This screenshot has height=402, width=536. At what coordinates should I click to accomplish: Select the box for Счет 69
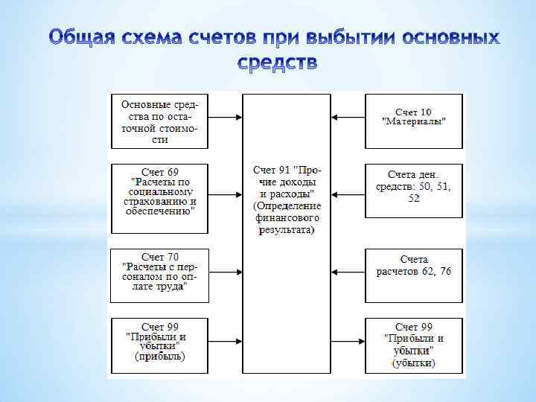pyautogui.click(x=159, y=191)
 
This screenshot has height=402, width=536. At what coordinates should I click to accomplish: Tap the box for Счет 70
pyautogui.click(x=159, y=272)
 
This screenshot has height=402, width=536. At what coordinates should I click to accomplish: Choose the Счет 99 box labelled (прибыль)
pyautogui.click(x=159, y=342)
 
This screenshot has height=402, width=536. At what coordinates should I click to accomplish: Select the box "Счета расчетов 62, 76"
pyautogui.click(x=414, y=266)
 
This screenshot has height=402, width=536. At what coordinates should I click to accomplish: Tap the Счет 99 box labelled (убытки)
pyautogui.click(x=414, y=345)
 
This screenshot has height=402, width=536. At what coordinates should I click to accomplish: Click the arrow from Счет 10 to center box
pyautogui.click(x=348, y=116)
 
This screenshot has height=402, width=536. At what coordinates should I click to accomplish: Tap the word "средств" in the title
pyautogui.click(x=278, y=64)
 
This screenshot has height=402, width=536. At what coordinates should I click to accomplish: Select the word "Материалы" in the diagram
pyautogui.click(x=415, y=122)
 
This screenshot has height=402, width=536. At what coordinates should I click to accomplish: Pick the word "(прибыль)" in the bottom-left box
pyautogui.click(x=159, y=357)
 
